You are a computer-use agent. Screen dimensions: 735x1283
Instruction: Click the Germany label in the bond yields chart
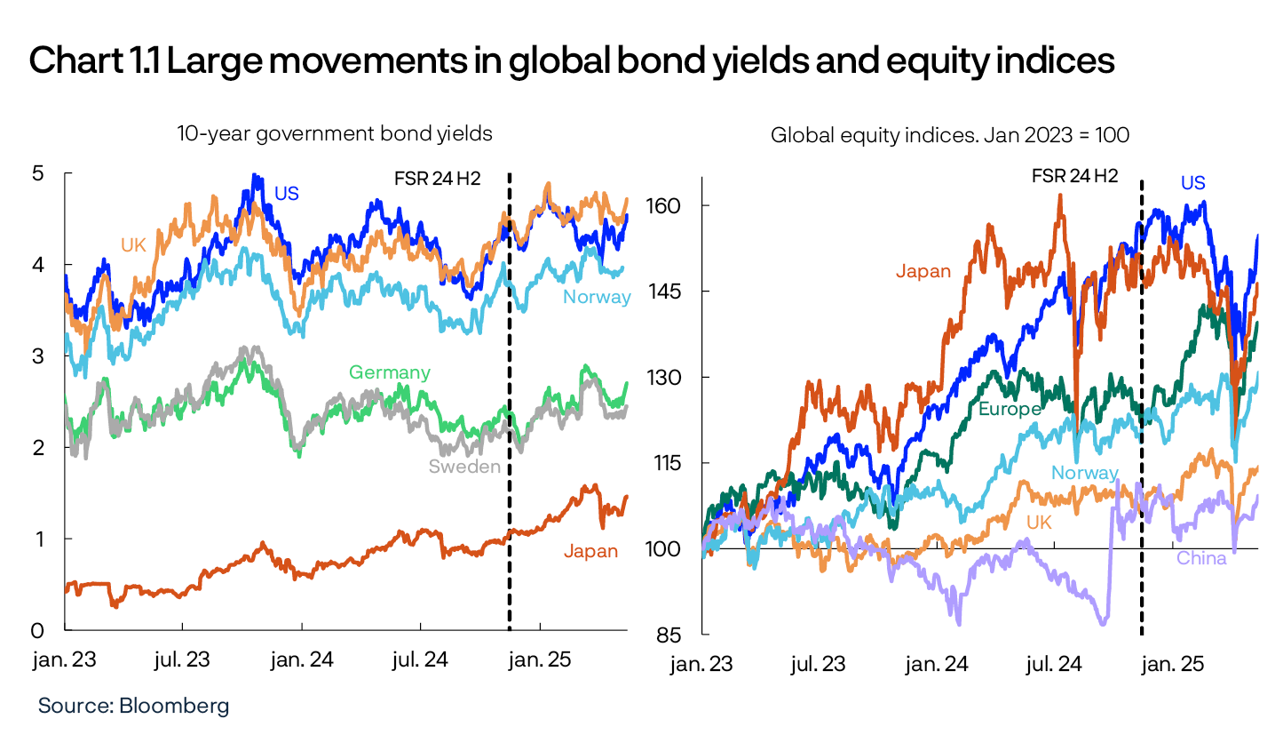(389, 372)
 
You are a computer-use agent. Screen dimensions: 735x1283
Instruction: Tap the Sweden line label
(464, 467)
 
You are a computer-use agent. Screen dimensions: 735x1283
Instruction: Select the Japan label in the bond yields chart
(590, 551)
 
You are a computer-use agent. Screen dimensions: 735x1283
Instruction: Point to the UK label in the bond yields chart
(133, 244)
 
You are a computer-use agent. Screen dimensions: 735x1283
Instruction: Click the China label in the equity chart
(1200, 558)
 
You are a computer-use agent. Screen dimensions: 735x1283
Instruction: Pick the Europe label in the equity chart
(1009, 409)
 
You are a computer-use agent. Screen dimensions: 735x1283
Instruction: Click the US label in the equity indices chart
(1192, 183)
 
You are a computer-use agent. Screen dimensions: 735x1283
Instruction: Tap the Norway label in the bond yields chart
(597, 297)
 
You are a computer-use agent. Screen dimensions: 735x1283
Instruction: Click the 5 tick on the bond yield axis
(38, 173)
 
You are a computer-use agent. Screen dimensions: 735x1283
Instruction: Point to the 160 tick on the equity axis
(667, 206)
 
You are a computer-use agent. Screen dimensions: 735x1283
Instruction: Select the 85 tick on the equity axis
(670, 635)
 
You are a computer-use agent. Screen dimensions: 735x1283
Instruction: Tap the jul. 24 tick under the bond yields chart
(420, 660)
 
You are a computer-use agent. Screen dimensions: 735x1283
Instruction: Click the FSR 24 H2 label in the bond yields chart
(437, 177)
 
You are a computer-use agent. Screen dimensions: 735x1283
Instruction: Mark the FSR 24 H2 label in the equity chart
(1073, 175)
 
